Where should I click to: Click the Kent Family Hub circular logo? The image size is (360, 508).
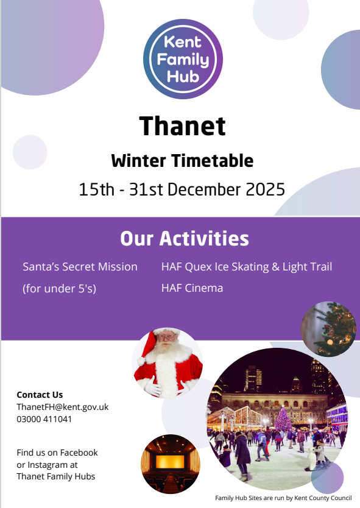[183, 59]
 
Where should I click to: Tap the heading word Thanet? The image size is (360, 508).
[182, 126]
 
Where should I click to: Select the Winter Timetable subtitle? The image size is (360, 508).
[182, 161]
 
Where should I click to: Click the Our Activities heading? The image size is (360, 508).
[185, 238]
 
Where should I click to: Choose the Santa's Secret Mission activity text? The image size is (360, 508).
[80, 267]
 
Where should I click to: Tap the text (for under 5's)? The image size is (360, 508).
[59, 288]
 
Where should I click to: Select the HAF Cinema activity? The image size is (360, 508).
[192, 288]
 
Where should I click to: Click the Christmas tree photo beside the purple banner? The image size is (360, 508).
[328, 329]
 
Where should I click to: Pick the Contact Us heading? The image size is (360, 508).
[40, 395]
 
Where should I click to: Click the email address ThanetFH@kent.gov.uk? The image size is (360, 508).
[63, 407]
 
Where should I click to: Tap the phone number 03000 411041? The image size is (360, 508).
[44, 419]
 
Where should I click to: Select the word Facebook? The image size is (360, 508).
[79, 453]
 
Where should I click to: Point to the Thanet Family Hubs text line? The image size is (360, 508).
[55, 476]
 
